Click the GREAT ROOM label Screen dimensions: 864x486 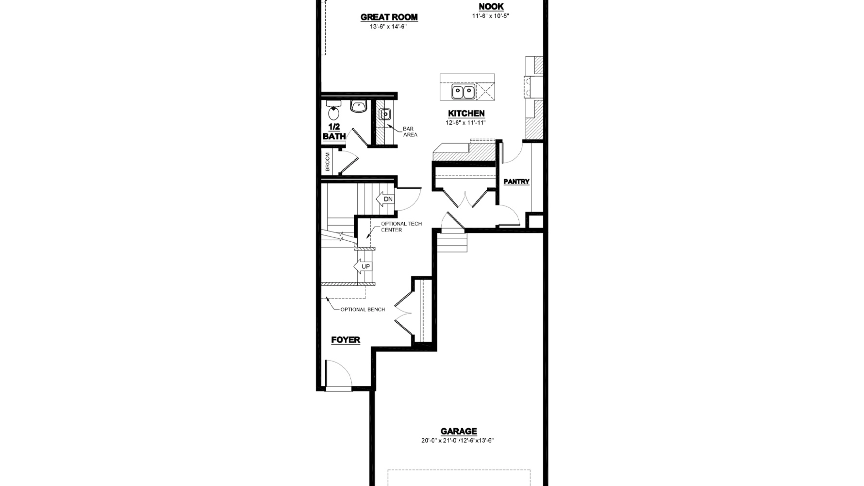point(389,17)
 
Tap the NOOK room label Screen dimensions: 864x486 point(491,6)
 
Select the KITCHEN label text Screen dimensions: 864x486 point(466,113)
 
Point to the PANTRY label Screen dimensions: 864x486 point(516,182)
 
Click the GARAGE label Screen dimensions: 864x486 point(459,431)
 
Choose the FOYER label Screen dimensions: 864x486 point(346,340)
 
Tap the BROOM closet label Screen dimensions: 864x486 point(327,162)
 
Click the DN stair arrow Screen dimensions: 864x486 point(385,199)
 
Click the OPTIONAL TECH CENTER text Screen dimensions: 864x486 point(401,227)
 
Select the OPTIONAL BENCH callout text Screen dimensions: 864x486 point(363,309)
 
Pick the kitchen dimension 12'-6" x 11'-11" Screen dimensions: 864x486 point(466,123)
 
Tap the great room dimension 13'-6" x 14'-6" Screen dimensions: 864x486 point(388,26)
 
